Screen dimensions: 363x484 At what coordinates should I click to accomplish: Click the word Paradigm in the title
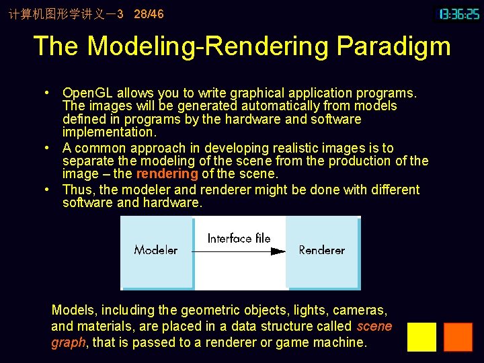(x=393, y=46)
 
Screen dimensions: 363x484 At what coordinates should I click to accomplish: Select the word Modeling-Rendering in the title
(x=208, y=46)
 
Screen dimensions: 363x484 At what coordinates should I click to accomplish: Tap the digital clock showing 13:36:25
(x=459, y=13)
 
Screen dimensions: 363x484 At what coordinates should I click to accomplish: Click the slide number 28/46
(x=149, y=13)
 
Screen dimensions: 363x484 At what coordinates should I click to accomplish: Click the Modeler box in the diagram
(x=156, y=250)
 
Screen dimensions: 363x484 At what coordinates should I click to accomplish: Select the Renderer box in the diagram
(x=321, y=250)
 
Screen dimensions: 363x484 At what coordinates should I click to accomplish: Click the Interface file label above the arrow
(x=239, y=238)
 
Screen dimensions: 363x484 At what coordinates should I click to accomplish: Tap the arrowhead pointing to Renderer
(x=278, y=251)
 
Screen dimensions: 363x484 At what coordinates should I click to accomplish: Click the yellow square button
(x=421, y=337)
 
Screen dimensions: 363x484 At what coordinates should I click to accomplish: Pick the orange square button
(x=458, y=337)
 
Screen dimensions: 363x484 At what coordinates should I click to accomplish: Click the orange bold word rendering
(x=167, y=174)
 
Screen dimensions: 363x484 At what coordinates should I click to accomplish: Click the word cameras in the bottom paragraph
(x=364, y=310)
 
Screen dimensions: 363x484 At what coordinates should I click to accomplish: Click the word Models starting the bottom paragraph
(x=74, y=310)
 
